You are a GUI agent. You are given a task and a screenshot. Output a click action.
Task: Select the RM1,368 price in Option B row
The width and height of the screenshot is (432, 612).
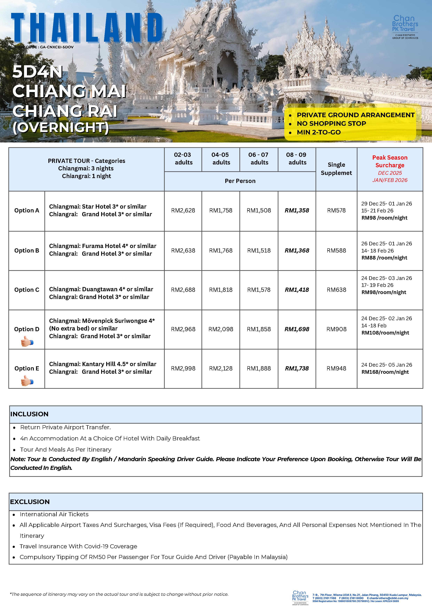(x=297, y=251)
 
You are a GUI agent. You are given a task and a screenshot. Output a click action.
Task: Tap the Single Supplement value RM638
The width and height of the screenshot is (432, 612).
(x=336, y=290)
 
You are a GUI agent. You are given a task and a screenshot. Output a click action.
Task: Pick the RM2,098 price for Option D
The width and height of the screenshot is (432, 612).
(x=221, y=329)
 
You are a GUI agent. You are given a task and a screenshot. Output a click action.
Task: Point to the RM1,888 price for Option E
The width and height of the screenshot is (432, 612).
(x=259, y=368)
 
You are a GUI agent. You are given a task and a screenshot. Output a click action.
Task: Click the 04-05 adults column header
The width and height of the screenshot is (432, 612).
(x=221, y=159)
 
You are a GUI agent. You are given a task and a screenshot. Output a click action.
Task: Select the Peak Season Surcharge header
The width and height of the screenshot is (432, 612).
(x=390, y=161)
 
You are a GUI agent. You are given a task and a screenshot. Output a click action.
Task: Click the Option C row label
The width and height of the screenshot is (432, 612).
(x=27, y=290)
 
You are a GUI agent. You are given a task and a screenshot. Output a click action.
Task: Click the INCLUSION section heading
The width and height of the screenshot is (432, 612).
(x=29, y=414)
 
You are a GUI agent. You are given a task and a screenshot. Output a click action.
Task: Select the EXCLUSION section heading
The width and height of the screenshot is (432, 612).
(x=30, y=502)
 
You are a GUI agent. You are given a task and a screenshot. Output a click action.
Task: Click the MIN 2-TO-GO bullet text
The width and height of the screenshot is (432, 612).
(x=319, y=132)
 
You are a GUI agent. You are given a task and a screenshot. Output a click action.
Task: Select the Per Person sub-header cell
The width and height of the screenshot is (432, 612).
(x=240, y=181)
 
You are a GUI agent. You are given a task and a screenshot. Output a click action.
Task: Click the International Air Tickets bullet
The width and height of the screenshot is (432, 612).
(x=54, y=514)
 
